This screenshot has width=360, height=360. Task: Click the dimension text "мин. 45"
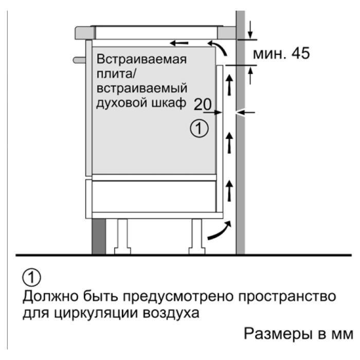pos(281,53)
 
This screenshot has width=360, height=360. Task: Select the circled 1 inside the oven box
pos(199,128)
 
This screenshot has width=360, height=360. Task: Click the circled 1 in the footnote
pos(32,277)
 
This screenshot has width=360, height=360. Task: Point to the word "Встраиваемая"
pos(141,59)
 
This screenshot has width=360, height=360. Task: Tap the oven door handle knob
pos(79,60)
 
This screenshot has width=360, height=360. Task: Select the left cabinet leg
pos(122,237)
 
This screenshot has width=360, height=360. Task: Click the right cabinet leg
pos(197,237)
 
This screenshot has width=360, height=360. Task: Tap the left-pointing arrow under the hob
pos(179,43)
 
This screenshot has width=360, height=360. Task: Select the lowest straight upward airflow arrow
pos(229,191)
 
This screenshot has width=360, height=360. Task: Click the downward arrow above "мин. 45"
pos(250,29)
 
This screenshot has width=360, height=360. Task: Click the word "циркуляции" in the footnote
pos(96,313)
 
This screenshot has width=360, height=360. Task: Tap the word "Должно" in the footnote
pos(50,296)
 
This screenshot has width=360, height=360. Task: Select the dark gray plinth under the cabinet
pos(99,237)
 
